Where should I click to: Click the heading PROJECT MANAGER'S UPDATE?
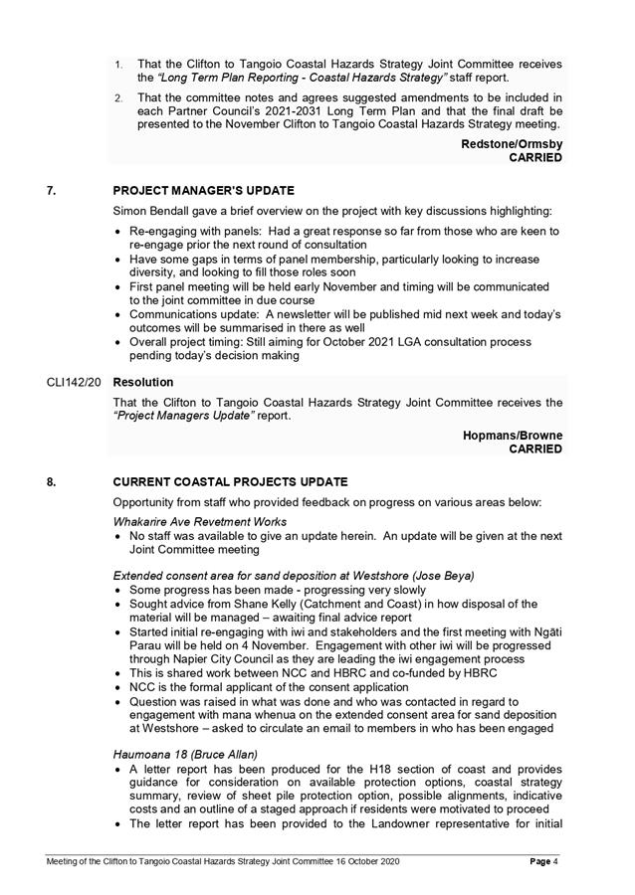pyautogui.click(x=203, y=191)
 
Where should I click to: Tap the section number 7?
pyautogui.click(x=51, y=191)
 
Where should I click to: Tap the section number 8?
pyautogui.click(x=51, y=481)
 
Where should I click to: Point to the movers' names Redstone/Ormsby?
pyautogui.click(x=512, y=144)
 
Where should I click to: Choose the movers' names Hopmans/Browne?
pyautogui.click(x=513, y=435)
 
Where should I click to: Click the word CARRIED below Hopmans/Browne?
pyautogui.click(x=535, y=448)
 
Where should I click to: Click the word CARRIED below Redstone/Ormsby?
pyautogui.click(x=535, y=158)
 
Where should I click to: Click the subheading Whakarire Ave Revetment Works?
pyautogui.click(x=200, y=521)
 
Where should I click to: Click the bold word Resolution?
pyautogui.click(x=143, y=382)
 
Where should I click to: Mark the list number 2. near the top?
pyautogui.click(x=117, y=97)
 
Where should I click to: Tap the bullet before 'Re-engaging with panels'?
pyautogui.click(x=119, y=231)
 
